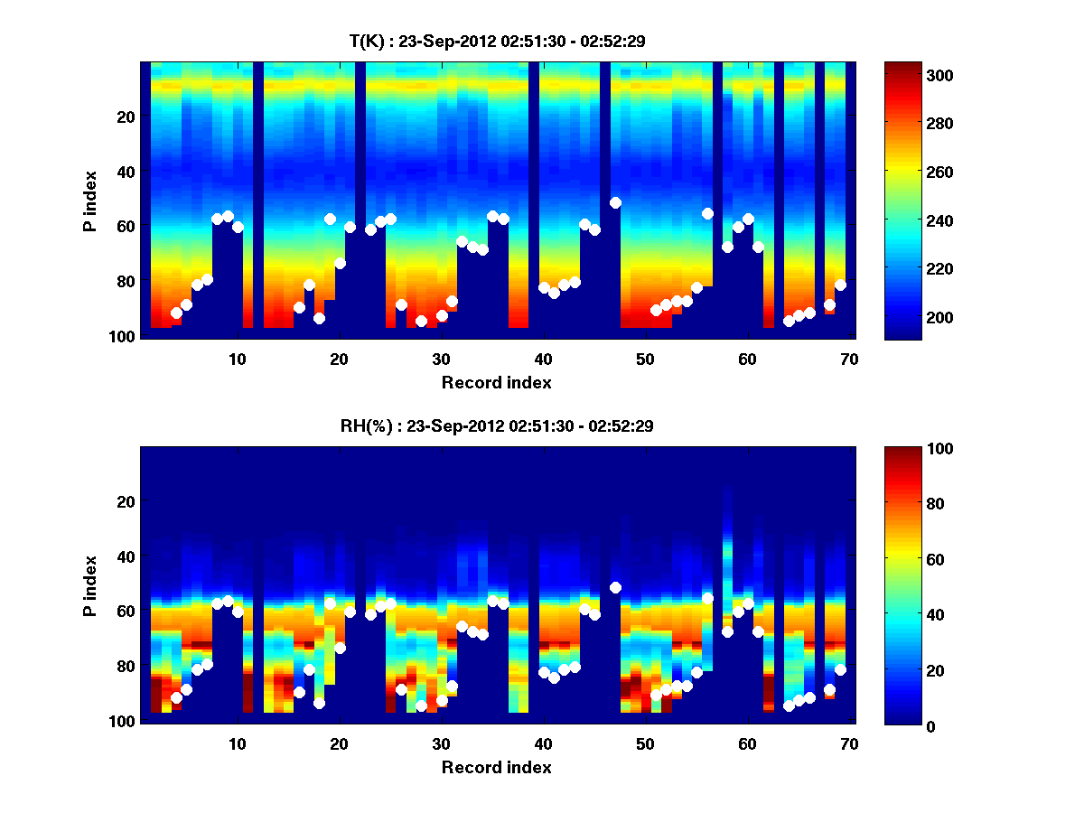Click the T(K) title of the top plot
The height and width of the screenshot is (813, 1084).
[496, 41]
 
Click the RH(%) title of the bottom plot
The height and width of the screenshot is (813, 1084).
[496, 425]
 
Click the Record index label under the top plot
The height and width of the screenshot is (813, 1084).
[496, 382]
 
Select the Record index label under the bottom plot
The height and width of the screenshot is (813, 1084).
[496, 767]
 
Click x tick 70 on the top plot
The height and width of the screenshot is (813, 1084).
[849, 359]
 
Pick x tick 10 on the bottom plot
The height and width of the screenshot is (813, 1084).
[237, 743]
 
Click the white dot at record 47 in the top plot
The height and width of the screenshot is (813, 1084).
[615, 202]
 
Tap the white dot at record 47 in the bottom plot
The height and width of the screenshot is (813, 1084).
[615, 587]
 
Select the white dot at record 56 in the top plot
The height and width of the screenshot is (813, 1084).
[707, 213]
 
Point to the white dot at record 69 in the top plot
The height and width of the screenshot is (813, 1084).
[840, 285]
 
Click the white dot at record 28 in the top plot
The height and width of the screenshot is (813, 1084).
[421, 321]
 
